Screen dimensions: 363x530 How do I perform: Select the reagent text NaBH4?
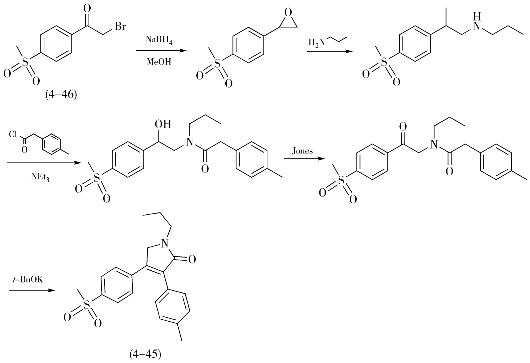(x=159, y=40)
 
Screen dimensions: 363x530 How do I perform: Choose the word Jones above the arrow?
(x=303, y=151)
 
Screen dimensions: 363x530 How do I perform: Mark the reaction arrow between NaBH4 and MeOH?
(x=159, y=51)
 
